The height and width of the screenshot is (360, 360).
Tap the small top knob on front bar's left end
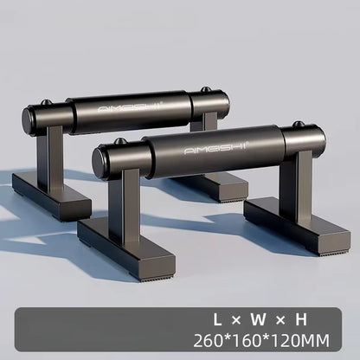click(120, 141)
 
